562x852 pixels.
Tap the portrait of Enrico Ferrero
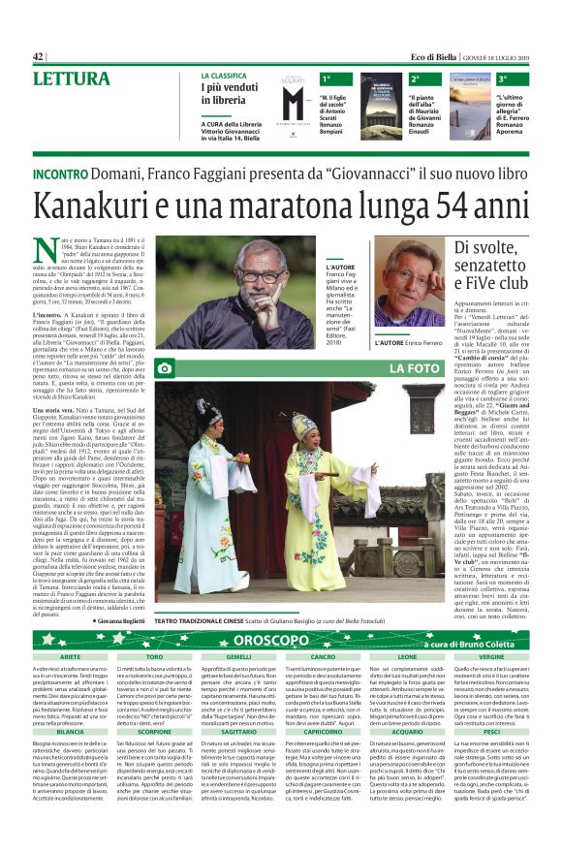(410, 290)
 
